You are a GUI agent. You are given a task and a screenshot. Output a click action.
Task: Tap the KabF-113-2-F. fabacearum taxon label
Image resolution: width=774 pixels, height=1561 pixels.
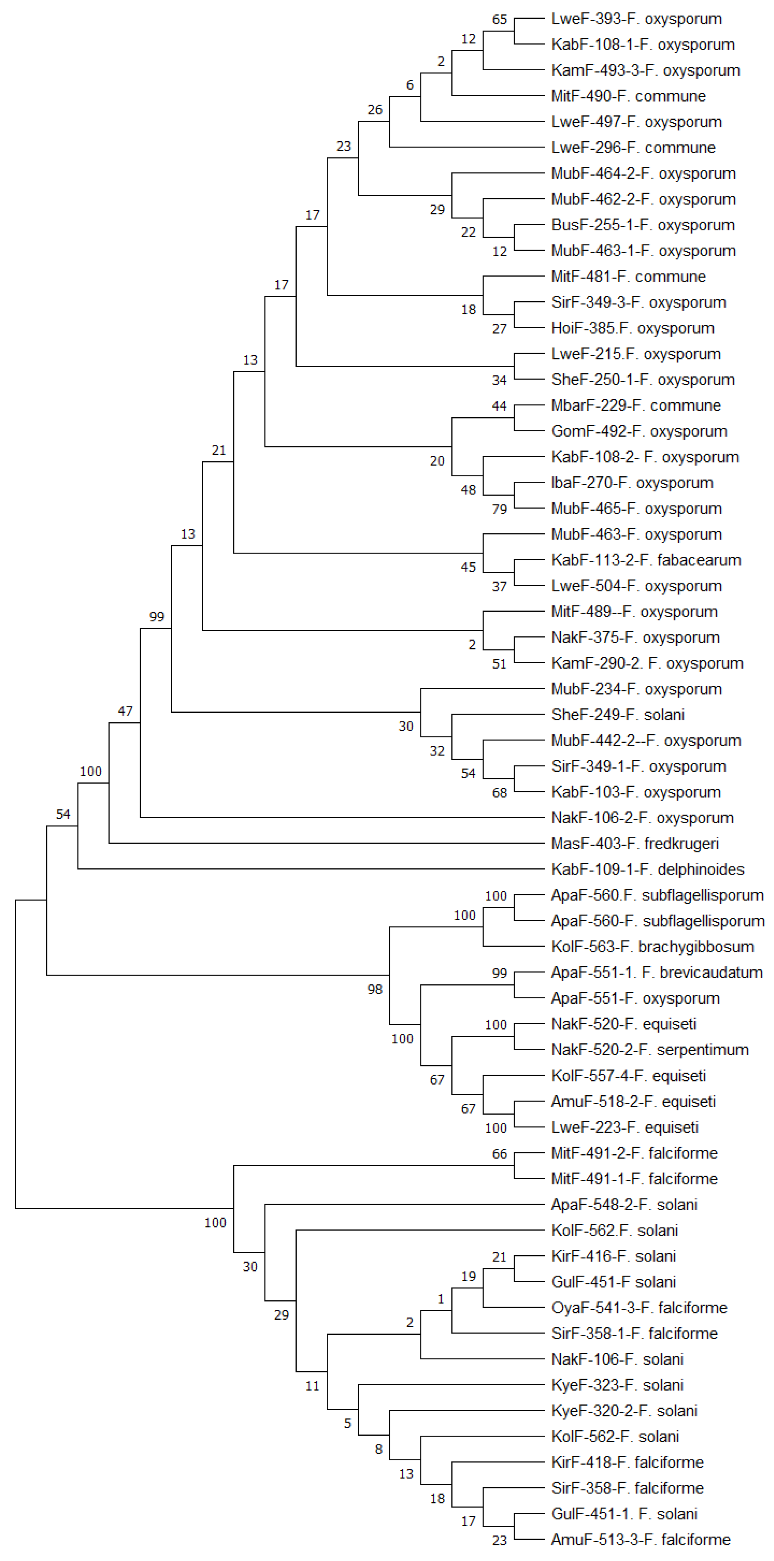tap(646, 560)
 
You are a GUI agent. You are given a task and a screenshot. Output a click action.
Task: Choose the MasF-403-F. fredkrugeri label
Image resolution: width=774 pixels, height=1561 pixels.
tap(635, 844)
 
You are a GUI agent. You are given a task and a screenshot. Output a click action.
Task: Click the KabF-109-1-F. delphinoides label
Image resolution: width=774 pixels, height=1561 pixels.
tap(647, 870)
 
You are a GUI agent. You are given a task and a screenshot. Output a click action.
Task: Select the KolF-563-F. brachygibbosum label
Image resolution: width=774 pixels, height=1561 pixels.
tap(652, 946)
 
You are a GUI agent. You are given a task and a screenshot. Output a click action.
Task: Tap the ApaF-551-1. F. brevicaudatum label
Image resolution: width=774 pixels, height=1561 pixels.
tap(656, 973)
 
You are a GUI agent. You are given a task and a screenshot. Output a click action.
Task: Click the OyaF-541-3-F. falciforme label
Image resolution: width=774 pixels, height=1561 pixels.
tap(639, 1308)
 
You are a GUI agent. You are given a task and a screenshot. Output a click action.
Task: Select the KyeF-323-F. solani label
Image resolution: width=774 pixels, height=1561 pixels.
tap(617, 1385)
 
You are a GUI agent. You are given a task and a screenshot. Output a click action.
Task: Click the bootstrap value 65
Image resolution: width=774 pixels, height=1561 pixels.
tap(500, 19)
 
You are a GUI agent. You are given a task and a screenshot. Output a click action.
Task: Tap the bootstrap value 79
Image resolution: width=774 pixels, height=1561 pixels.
tap(500, 509)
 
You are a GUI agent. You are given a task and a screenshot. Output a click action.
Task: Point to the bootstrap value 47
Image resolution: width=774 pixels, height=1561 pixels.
tap(125, 711)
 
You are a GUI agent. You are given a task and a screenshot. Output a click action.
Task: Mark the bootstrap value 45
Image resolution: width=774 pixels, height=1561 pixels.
tap(468, 567)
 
